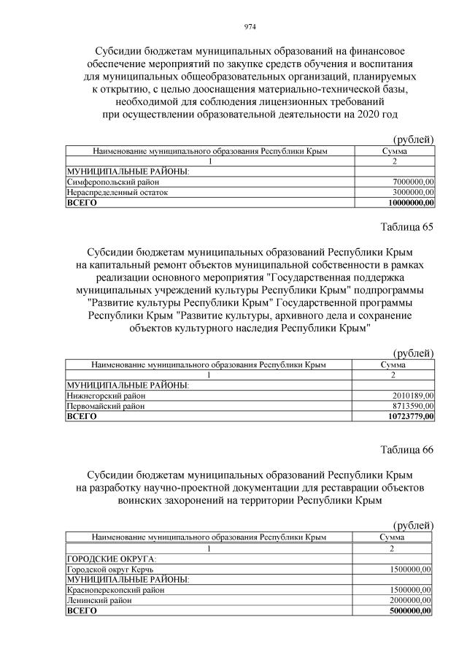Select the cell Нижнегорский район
tap(105, 396)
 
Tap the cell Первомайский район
tap(105, 406)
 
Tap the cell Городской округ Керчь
tap(110, 569)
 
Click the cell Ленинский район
tap(99, 599)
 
